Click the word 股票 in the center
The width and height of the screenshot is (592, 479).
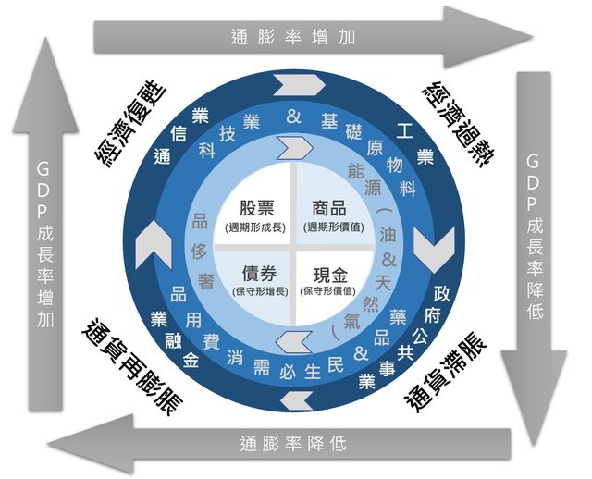tap(256, 208)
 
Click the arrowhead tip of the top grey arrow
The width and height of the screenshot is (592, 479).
tap(531, 37)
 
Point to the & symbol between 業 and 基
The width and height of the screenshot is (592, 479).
tap(294, 117)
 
